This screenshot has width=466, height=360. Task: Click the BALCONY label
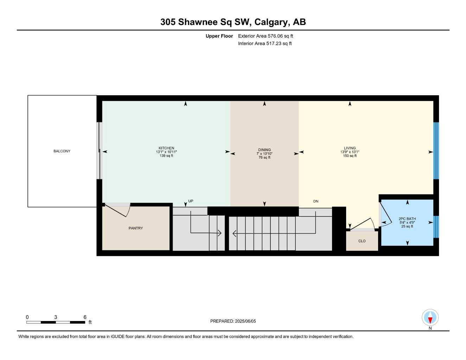pos(62,151)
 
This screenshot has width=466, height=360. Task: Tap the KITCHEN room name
pos(166,148)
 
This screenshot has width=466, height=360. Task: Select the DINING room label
pos(264,150)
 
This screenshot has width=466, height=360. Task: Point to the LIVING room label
pos(350,148)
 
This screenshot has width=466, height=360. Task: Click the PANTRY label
pos(136,228)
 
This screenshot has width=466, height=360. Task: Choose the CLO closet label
pos(362,241)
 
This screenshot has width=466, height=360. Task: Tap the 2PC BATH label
pos(407,219)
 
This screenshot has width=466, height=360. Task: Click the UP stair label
pos(191,201)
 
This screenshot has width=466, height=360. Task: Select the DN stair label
pos(316,201)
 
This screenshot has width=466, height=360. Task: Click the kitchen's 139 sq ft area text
pos(166,156)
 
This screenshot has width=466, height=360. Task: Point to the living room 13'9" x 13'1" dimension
pos(350,152)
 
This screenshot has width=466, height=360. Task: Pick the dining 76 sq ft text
pos(264,157)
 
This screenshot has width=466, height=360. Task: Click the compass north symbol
pos(430,318)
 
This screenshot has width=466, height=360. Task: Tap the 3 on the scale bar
pos(56,317)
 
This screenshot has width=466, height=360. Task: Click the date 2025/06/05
pos(245,321)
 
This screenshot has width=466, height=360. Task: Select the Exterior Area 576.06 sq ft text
pos(266,36)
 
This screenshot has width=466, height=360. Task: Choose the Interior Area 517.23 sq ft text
pos(265,44)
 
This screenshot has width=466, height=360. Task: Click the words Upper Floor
pos(219,36)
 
